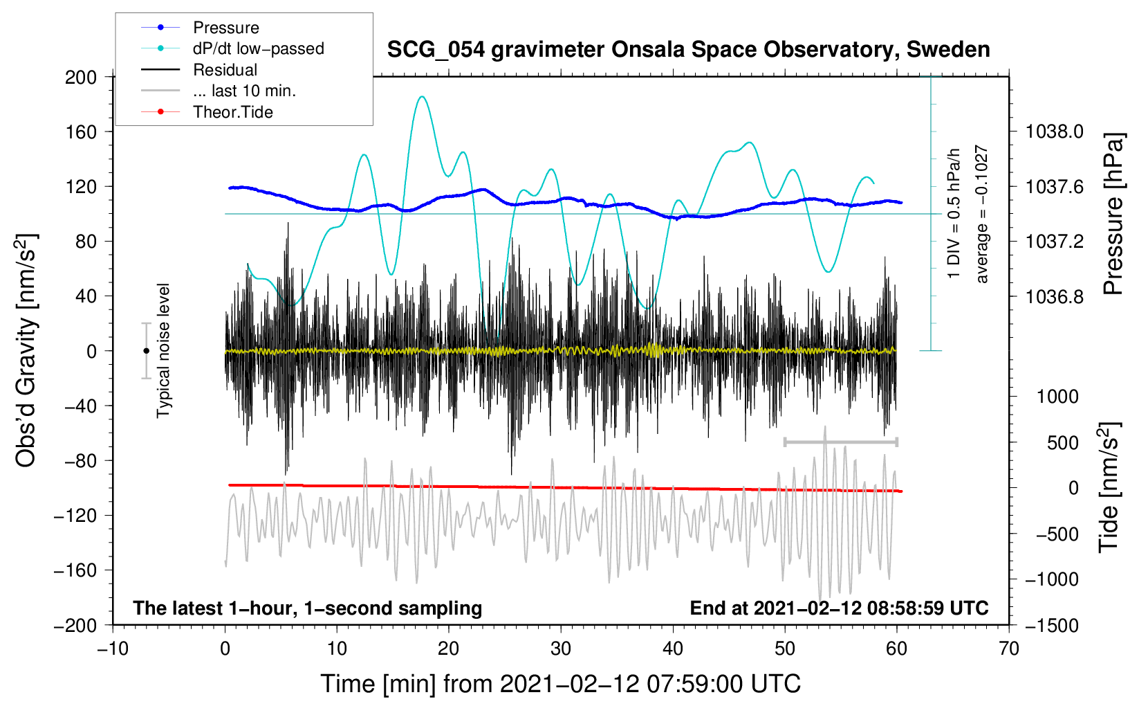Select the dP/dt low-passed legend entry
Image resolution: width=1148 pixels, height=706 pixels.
[x=258, y=48]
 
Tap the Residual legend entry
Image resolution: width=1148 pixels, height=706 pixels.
[x=225, y=70]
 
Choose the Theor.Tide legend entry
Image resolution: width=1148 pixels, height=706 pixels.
[x=232, y=112]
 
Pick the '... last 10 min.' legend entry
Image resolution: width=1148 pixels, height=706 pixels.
[x=244, y=91]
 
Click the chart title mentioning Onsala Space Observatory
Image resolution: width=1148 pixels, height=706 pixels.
[x=688, y=50]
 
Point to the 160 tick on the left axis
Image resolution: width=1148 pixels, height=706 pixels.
[x=81, y=132]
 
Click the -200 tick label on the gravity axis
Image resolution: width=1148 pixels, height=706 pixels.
[x=75, y=625]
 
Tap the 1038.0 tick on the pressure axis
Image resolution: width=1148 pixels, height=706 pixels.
[x=1054, y=132]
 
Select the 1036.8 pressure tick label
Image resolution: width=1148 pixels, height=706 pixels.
[x=1054, y=296]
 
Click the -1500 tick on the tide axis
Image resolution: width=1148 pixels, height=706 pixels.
[x=1052, y=625]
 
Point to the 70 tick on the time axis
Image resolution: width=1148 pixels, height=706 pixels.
[x=1009, y=649]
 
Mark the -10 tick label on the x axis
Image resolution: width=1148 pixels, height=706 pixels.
[x=113, y=649]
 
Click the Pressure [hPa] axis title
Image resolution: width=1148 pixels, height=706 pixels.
[x=1113, y=214]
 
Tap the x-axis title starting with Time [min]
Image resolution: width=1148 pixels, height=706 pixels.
[x=560, y=684]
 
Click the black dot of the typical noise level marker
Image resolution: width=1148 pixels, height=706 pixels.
[x=146, y=351]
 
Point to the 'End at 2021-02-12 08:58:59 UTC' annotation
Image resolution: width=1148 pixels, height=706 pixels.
[x=839, y=608]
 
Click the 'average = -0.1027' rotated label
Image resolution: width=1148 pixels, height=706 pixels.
[x=981, y=214]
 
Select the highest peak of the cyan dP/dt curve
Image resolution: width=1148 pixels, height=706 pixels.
[x=421, y=97]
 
